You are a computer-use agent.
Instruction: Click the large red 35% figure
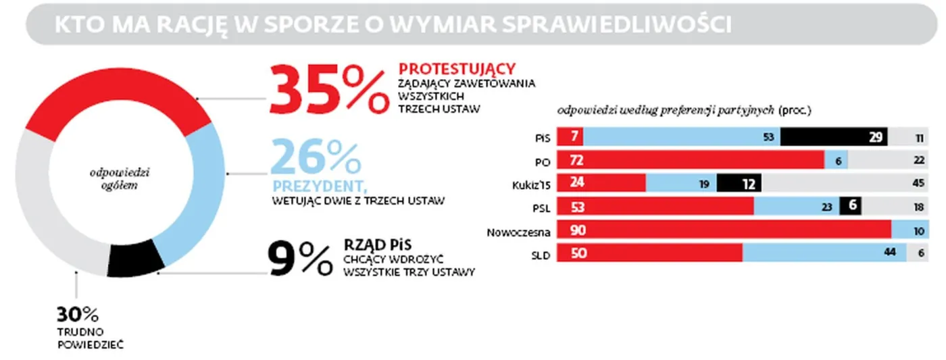pos(328,90)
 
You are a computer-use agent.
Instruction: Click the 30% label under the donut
pos(77,315)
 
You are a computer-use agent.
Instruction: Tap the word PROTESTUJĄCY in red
pos(457,68)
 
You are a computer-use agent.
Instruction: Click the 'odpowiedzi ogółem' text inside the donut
pos(119,179)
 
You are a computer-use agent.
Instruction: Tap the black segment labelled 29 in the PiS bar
pos(834,137)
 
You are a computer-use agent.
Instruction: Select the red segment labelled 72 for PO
pos(689,161)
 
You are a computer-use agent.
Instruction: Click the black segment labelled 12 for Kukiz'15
pos(739,184)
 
